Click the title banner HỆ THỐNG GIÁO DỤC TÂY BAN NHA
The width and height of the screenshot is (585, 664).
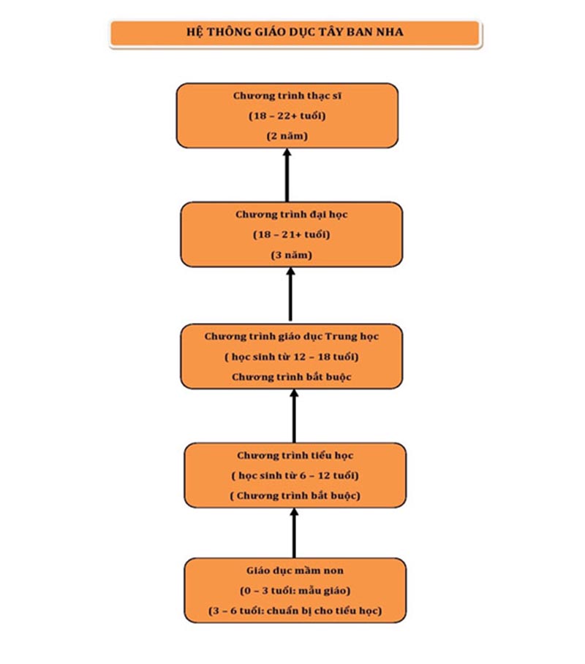click(x=295, y=33)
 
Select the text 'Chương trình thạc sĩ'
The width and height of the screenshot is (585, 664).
click(x=287, y=96)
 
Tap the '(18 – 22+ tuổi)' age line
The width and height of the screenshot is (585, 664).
click(x=287, y=116)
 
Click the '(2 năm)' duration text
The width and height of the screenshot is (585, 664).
click(x=287, y=137)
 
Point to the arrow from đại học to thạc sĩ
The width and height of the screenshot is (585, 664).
click(x=287, y=175)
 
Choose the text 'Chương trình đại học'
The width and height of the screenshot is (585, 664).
click(x=291, y=215)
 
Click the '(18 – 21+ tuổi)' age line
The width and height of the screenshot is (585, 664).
click(x=291, y=234)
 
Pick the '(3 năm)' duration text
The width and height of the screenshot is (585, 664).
click(x=291, y=256)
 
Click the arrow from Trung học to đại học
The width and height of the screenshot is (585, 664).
click(x=290, y=294)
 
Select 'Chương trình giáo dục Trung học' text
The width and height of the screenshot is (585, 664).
click(x=291, y=337)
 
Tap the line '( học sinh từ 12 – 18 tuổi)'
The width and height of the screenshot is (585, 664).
click(x=291, y=357)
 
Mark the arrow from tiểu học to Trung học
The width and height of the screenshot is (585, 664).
click(x=294, y=416)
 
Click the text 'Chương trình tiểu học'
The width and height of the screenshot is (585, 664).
click(x=295, y=456)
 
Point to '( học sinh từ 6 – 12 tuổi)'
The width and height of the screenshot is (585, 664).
click(x=295, y=476)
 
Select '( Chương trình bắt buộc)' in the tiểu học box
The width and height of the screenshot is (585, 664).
click(x=295, y=496)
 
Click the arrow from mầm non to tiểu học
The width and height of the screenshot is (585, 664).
click(x=294, y=533)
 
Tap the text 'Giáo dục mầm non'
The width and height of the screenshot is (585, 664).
click(x=295, y=570)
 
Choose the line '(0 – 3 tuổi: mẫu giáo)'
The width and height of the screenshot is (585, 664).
click(x=295, y=591)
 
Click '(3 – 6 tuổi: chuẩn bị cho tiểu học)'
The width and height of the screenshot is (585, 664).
click(x=295, y=611)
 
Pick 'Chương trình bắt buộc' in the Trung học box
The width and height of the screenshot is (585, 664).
click(x=291, y=378)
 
